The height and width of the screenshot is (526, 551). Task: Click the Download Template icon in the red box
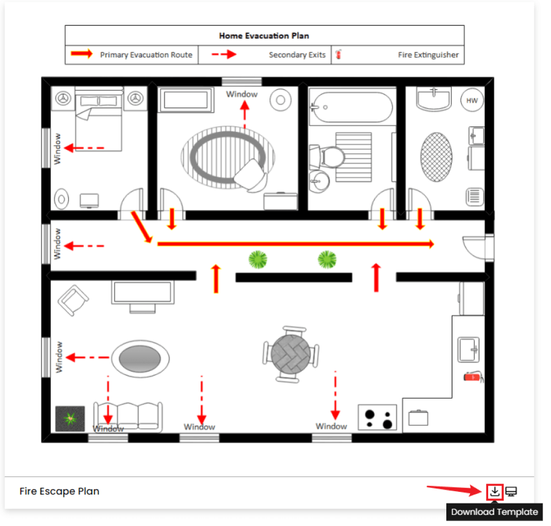click(495, 491)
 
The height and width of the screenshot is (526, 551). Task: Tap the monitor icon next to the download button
click(512, 491)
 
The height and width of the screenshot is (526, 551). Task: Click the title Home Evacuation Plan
click(264, 36)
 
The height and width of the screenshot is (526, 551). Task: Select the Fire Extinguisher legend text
click(428, 55)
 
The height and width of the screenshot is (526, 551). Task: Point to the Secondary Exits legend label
click(297, 55)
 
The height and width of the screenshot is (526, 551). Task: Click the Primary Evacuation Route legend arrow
click(82, 54)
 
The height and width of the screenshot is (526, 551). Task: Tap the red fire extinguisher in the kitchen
click(472, 377)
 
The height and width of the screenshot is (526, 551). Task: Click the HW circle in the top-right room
click(472, 100)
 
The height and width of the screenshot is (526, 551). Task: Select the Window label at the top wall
click(241, 94)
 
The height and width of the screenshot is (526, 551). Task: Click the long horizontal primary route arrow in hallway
click(295, 244)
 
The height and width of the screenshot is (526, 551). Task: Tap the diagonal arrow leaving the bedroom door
click(141, 226)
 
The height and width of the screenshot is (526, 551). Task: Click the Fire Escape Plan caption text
click(60, 491)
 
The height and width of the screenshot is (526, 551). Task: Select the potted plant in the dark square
click(70, 419)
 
